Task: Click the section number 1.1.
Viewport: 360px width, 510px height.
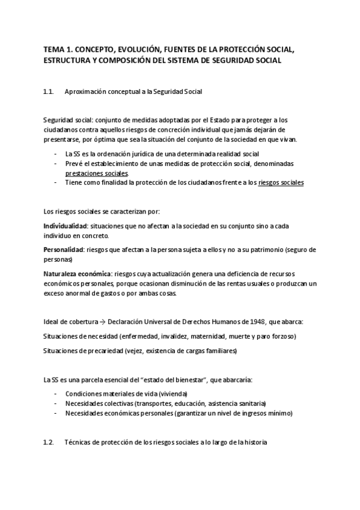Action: (x=49, y=91)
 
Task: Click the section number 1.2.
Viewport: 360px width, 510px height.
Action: (x=49, y=443)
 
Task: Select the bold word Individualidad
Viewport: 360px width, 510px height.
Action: (x=65, y=226)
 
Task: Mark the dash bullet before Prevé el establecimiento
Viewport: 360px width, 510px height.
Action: (x=55, y=163)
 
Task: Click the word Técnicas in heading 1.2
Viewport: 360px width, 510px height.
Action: (x=77, y=443)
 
